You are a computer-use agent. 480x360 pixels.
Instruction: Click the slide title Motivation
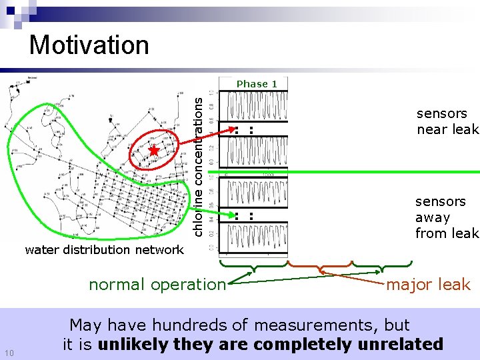click(x=89, y=45)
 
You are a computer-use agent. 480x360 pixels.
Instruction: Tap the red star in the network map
click(x=154, y=150)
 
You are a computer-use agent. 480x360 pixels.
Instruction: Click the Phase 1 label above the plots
click(x=257, y=84)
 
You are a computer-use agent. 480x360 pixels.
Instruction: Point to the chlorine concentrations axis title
click(x=198, y=163)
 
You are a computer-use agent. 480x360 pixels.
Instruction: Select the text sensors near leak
click(x=447, y=121)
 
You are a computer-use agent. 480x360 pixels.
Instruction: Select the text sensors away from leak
click(x=446, y=217)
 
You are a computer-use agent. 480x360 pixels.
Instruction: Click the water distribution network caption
click(x=104, y=250)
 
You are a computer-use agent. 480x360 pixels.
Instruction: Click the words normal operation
click(x=157, y=285)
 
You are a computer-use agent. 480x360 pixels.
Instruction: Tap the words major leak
click(x=429, y=285)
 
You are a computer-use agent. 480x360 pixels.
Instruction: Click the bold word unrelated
click(x=404, y=344)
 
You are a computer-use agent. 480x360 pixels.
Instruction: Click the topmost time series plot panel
click(x=257, y=107)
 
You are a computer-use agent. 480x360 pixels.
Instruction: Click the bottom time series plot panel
click(x=257, y=237)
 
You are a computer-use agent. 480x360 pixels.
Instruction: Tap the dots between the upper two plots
click(x=243, y=130)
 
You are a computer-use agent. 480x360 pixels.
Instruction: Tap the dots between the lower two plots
click(x=243, y=215)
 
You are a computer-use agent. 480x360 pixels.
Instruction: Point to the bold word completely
click(x=301, y=344)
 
